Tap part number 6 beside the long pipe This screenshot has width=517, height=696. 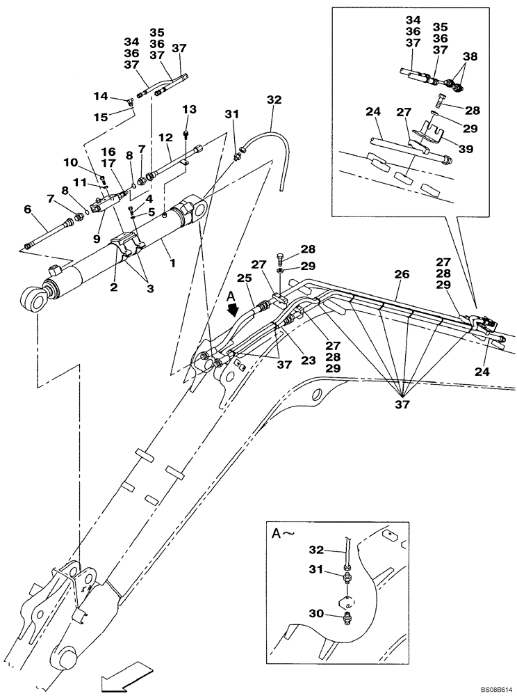click(x=27, y=209)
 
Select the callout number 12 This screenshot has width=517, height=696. click(x=164, y=139)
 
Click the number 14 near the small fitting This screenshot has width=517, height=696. click(x=101, y=96)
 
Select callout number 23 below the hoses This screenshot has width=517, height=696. click(x=308, y=361)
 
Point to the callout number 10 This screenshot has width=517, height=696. click(x=71, y=163)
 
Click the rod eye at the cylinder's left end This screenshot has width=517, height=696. click(x=31, y=300)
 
